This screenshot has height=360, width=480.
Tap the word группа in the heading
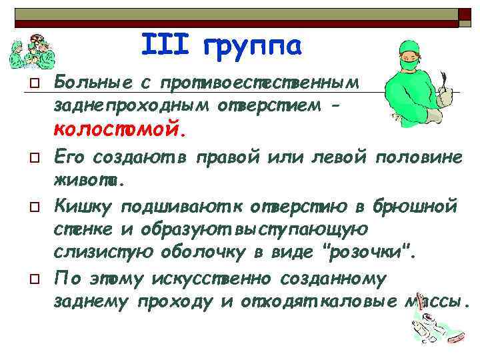coord(252,47)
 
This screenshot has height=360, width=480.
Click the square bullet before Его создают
coord(22,157)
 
